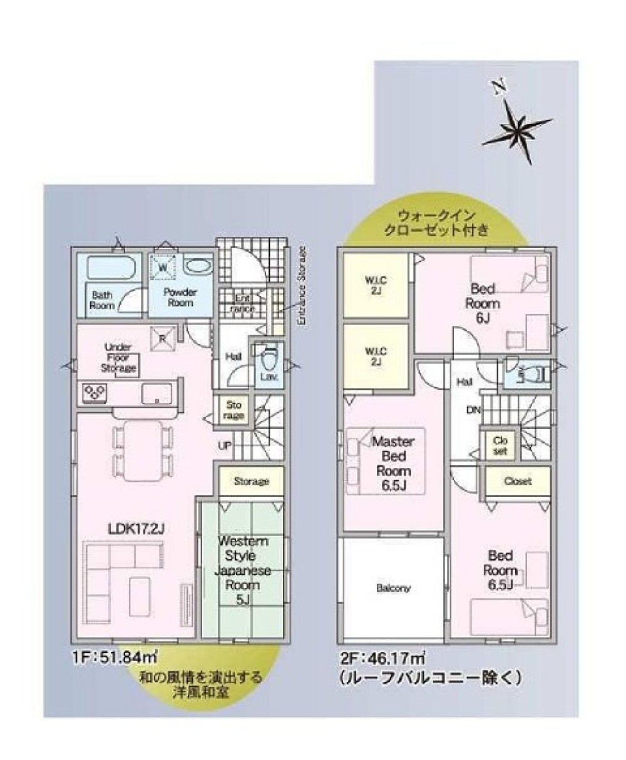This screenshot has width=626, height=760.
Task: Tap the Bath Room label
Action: pos(101,300)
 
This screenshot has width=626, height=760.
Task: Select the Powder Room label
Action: pos(180,297)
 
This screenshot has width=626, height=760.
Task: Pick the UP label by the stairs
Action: pos(224,445)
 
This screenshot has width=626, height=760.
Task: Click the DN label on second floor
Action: pos(474,410)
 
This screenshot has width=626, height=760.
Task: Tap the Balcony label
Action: pos(393,588)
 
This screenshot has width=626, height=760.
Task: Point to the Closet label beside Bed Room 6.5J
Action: pos(518,481)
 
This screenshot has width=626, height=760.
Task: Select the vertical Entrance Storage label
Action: pos(301,285)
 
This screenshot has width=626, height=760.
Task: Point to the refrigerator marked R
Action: pos(162,339)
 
